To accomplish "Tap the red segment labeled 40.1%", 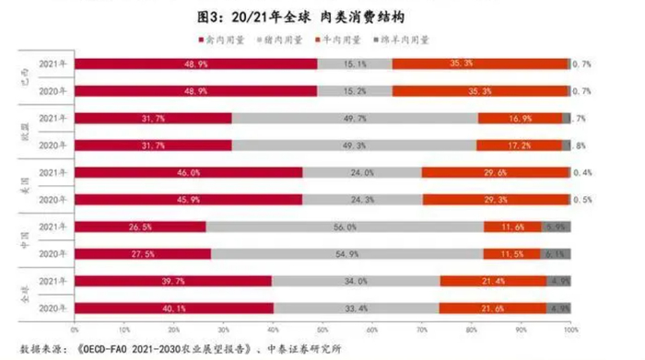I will [173, 308].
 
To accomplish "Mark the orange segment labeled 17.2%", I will [518, 145].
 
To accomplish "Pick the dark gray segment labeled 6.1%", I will [555, 253].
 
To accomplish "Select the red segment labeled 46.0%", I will [188, 172].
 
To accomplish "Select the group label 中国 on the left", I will [24, 239].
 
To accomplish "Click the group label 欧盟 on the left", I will [24, 132].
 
